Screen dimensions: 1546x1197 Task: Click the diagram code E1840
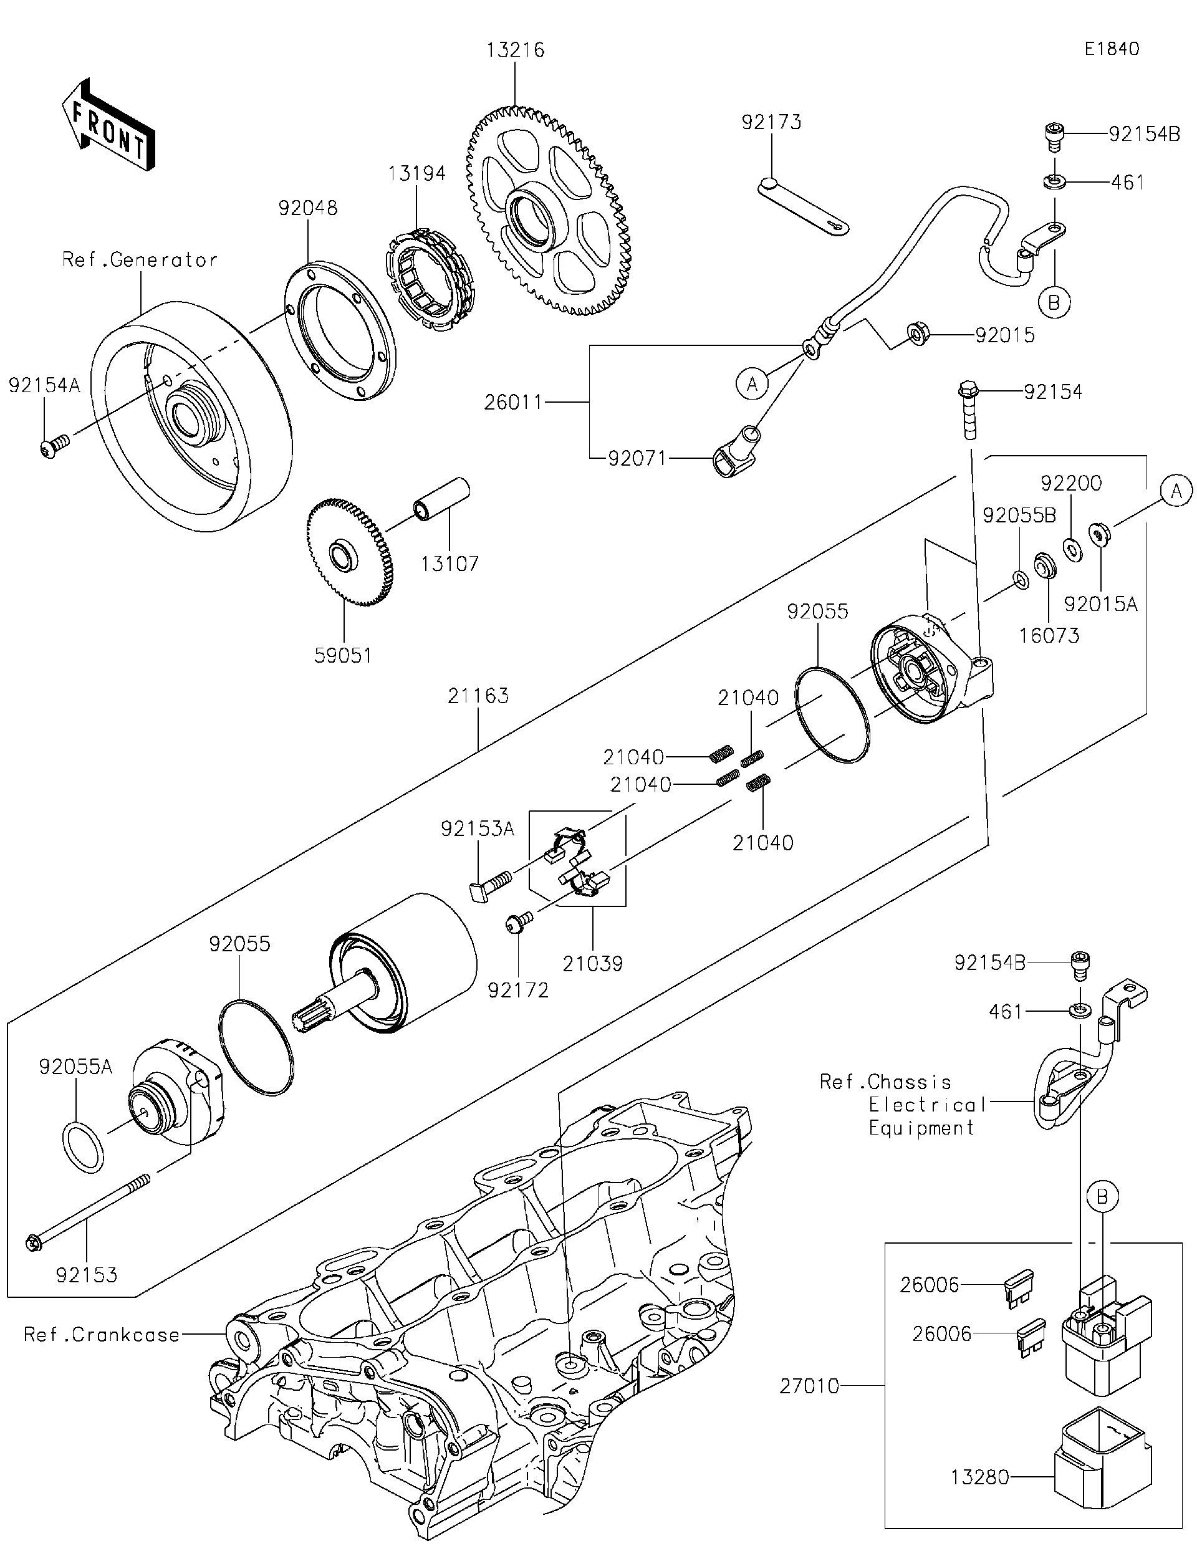[1112, 48]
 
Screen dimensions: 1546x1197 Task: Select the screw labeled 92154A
[53, 448]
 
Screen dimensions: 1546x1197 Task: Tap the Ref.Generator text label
[140, 260]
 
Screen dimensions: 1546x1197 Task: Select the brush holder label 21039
[592, 963]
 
